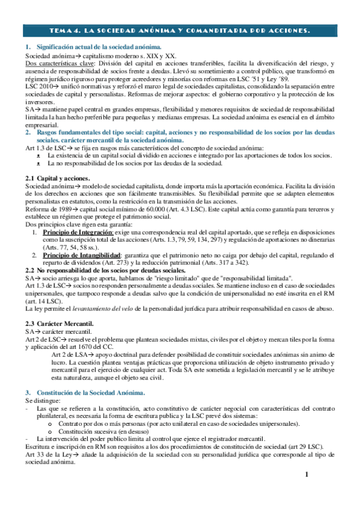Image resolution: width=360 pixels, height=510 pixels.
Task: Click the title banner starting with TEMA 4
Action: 180,30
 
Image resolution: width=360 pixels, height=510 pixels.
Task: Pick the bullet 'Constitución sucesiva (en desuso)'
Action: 105,431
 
